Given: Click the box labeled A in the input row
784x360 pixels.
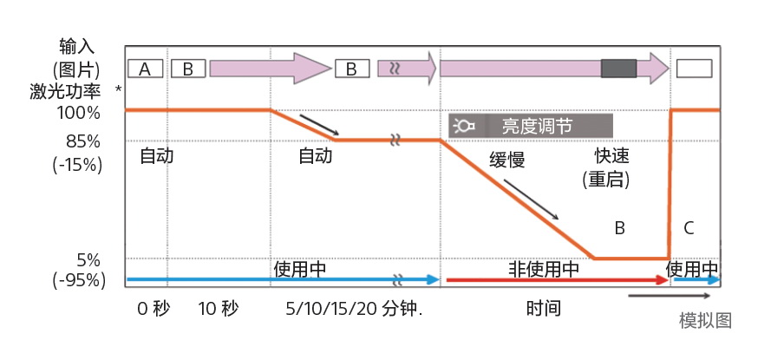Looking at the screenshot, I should (145, 69).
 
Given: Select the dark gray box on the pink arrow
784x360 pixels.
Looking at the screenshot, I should (618, 69).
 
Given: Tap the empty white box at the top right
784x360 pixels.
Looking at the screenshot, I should (694, 69).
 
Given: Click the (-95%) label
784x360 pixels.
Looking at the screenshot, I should (79, 280).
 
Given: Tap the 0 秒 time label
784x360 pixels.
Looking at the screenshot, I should (154, 309).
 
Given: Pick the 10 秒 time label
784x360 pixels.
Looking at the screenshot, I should (218, 309).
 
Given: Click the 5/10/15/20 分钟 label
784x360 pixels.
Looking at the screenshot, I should (354, 309).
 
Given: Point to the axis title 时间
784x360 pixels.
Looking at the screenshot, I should (543, 309).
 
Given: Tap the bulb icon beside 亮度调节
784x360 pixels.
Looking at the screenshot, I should (465, 127).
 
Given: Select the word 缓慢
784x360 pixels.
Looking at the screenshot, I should (507, 160).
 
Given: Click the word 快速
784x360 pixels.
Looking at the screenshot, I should (611, 156).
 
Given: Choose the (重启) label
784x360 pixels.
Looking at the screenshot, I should (605, 180).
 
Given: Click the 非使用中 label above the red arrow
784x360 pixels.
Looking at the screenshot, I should (544, 269).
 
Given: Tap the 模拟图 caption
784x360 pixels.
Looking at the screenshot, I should (705, 320).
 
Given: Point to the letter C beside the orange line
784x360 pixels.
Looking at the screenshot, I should (689, 228).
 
